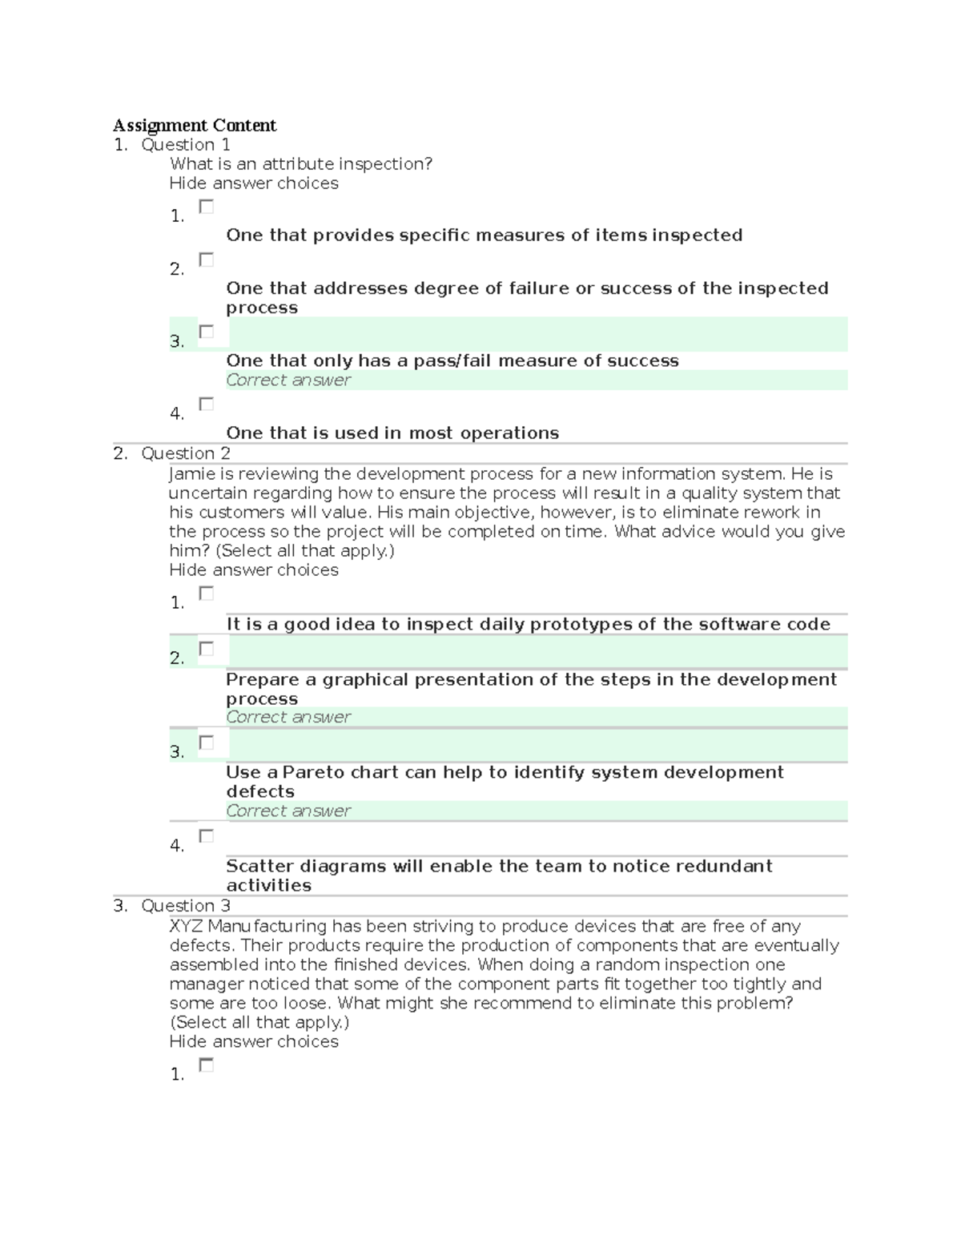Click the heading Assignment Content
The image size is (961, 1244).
(195, 125)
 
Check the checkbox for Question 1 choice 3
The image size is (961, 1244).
(207, 332)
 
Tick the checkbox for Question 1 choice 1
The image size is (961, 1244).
(207, 207)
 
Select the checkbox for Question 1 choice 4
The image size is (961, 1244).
(207, 404)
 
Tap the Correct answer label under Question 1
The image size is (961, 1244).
(288, 380)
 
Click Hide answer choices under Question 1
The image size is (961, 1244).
(254, 183)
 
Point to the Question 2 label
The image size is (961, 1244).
(186, 453)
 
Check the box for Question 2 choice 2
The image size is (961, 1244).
(207, 649)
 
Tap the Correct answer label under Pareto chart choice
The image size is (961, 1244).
(288, 811)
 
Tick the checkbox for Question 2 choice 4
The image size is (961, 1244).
(207, 835)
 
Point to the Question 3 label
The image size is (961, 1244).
(186, 906)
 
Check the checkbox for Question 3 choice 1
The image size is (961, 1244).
(207, 1065)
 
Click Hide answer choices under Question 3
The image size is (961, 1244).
(254, 1042)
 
